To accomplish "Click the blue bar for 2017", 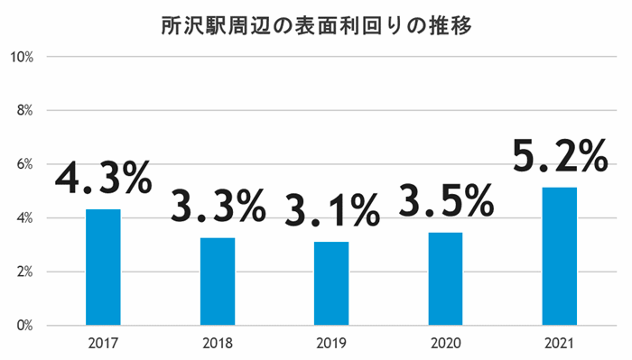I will click(103, 267).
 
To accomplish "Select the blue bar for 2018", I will click(218, 282).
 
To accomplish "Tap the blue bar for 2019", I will click(331, 283).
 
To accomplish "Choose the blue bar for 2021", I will click(559, 256).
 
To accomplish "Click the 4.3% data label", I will click(103, 178).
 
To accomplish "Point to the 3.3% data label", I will click(218, 207).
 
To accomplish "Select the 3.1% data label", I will click(331, 211).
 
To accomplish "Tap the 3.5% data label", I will click(445, 200).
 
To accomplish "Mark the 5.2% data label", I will click(559, 158).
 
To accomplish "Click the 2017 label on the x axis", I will click(103, 344).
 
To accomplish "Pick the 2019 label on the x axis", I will click(331, 344).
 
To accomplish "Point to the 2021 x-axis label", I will click(559, 344).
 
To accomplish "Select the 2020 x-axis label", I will click(445, 344).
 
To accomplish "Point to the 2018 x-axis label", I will click(218, 344).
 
